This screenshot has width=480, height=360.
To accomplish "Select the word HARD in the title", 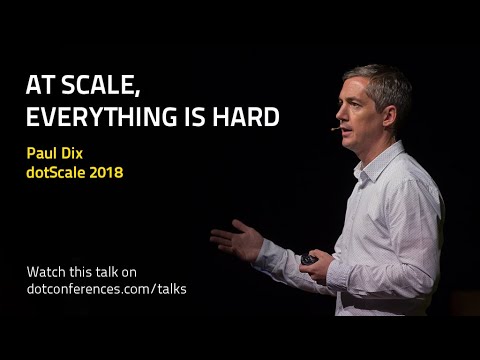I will pos(244,117).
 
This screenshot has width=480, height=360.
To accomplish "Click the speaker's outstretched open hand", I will pos(234,240).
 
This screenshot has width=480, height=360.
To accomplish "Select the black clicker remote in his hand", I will pos(309,259).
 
